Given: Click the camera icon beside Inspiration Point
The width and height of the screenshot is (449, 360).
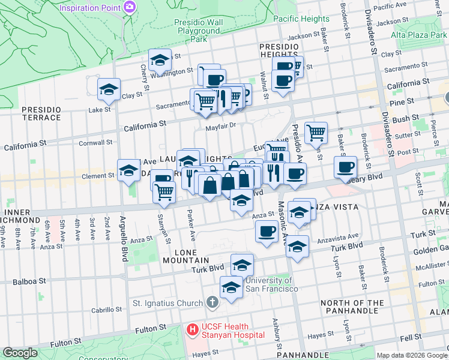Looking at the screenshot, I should click(130, 7).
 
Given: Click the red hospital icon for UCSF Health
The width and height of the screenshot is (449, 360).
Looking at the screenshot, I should click(192, 329).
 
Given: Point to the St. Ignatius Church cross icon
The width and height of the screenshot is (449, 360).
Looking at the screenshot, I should click(211, 302).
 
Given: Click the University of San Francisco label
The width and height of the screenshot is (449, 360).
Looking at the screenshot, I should click(272, 284).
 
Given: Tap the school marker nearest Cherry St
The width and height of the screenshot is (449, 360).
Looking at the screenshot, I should click(160, 61).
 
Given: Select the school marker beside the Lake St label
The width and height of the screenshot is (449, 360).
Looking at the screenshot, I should click(108, 90).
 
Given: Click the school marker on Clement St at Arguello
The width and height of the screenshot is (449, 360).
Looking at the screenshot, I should click(128, 170).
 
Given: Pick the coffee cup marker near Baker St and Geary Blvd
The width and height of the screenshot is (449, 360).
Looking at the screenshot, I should click(345, 167).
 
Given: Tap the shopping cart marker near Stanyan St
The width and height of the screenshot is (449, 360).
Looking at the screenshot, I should click(164, 192).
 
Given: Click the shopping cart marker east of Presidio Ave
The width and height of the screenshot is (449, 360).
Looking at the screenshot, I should click(316, 132).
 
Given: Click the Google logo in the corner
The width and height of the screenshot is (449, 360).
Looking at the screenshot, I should click(20, 353).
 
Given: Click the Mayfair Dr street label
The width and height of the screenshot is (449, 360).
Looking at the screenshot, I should click(222, 127).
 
